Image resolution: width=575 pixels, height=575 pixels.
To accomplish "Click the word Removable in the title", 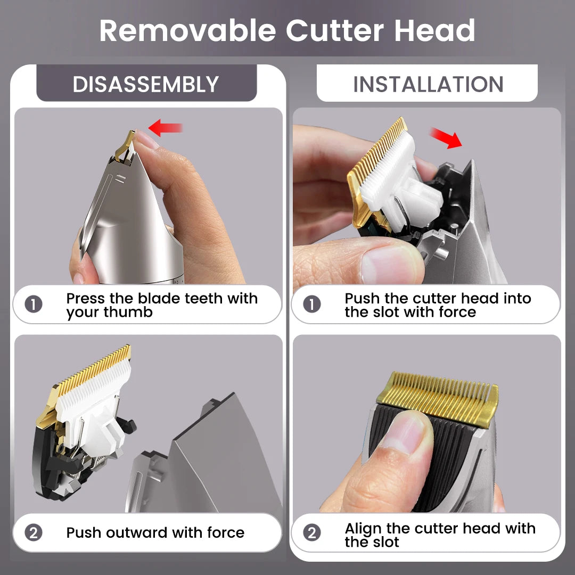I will point(188,31).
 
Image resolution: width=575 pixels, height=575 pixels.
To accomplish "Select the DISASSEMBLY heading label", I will point(146,85).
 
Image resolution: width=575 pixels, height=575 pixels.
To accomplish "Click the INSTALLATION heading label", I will point(428,85).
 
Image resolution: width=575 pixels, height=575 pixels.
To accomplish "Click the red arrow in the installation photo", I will point(446,138).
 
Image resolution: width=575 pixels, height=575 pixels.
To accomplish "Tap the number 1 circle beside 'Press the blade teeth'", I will point(34,305).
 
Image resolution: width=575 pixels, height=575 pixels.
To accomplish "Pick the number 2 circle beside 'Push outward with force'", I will point(34,532).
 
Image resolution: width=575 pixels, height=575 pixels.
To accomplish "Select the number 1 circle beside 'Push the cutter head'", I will point(312,305).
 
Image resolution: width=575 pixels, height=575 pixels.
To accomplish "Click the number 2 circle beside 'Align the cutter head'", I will point(312,532).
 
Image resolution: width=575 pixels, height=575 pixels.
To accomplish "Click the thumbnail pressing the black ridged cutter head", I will point(404,433).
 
